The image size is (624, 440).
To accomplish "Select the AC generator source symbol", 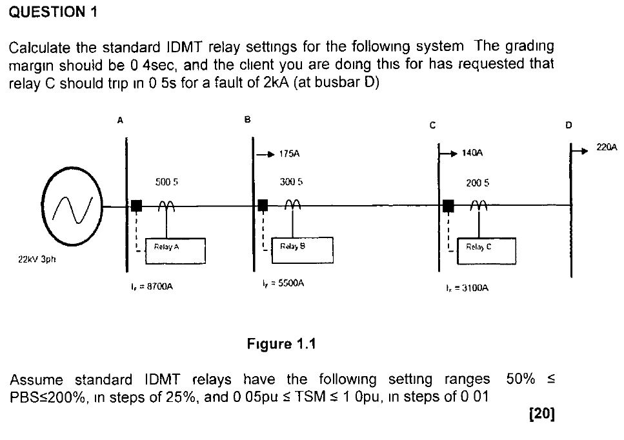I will (72, 206).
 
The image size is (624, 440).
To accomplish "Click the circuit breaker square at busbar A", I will (136, 206).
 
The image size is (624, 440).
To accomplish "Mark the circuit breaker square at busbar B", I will (263, 206).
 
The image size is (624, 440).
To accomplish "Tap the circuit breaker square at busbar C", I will (448, 206).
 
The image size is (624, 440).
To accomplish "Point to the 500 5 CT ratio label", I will (166, 183).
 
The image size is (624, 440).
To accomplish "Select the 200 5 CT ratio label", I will (478, 183).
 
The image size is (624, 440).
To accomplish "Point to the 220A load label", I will (607, 148).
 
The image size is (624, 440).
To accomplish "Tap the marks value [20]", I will (541, 414).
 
